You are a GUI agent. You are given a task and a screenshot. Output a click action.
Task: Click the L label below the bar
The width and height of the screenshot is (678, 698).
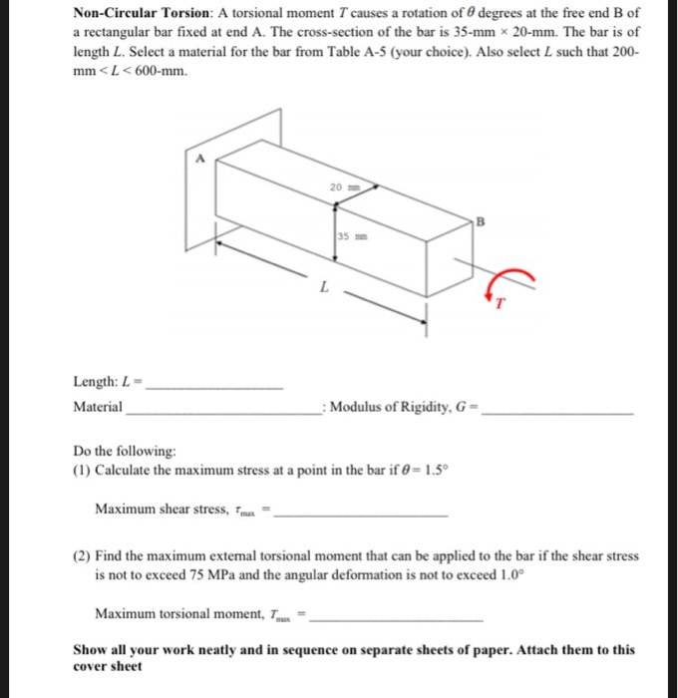[x=322, y=288]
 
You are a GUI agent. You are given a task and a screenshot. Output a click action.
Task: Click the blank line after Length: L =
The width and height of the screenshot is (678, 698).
[x=214, y=385]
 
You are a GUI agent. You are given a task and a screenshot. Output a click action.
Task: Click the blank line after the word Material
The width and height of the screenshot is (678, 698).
[x=221, y=411]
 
